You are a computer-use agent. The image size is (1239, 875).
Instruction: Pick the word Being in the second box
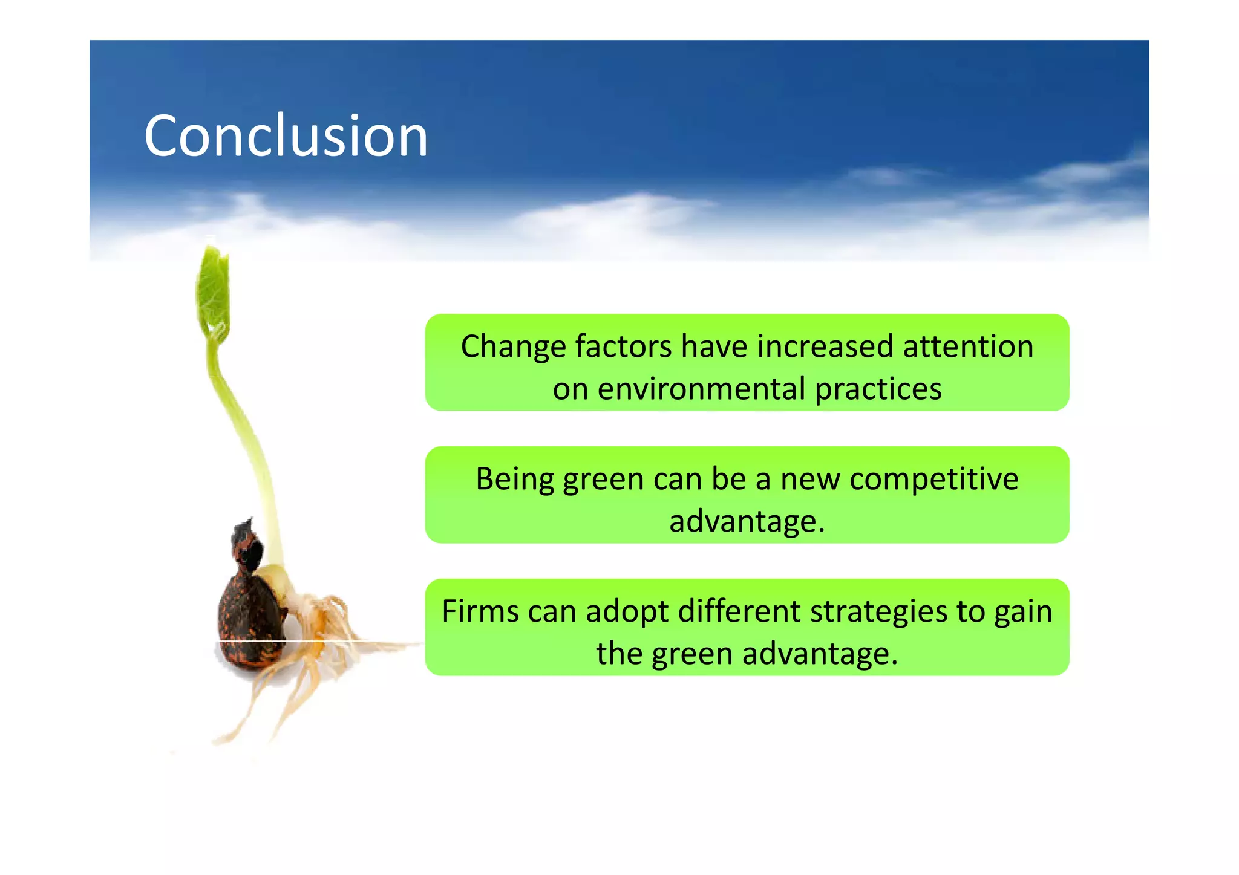(515, 480)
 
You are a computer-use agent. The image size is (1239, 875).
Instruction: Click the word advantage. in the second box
(747, 521)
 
